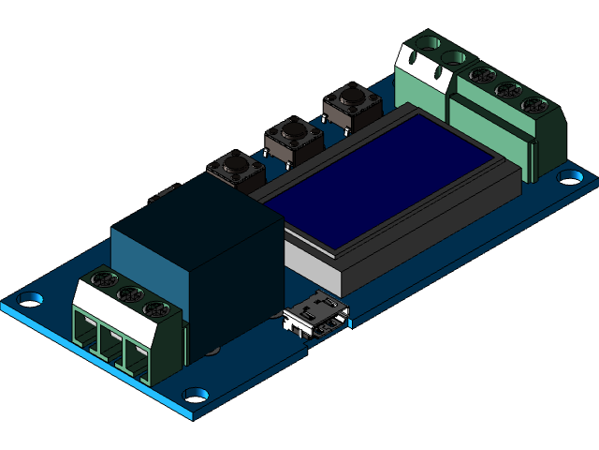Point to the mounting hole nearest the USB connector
coord(196,395)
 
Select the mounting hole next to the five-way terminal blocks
coord(569,176)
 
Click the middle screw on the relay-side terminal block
coord(126,295)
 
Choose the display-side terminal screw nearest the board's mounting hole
coord(533,103)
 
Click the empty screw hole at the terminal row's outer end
coord(430,43)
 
